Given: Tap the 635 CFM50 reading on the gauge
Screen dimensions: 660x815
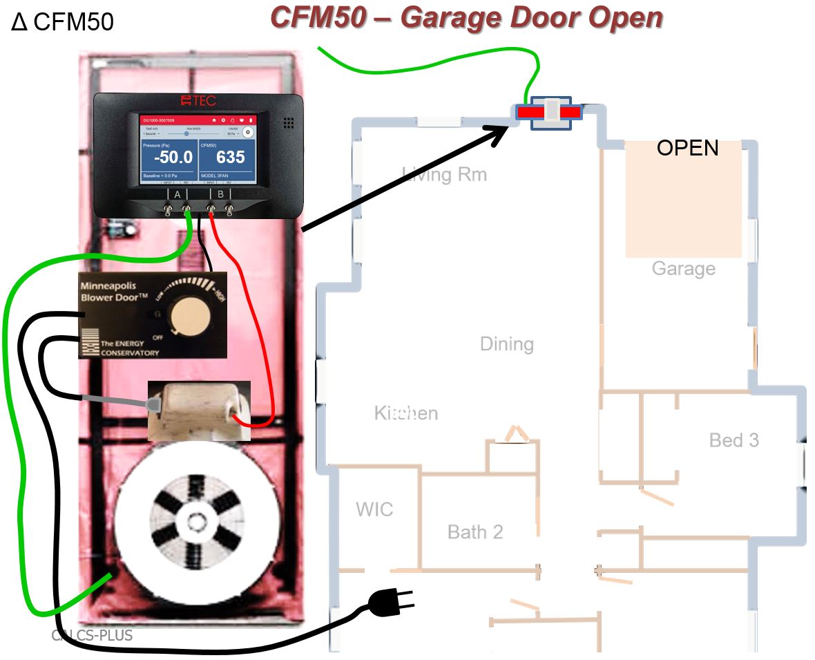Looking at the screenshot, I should point(230,158).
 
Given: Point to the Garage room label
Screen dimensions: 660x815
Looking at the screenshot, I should point(683,268).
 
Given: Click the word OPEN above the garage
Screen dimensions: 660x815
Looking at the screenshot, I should point(687,148).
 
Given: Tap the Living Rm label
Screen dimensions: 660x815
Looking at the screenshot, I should point(444,174).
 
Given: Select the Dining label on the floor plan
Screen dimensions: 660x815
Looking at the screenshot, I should point(506,344).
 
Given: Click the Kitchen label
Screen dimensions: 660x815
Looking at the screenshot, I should point(406,413).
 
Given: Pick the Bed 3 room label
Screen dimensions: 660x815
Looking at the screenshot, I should point(733,440).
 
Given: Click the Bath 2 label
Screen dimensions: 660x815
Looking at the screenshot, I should point(475,532).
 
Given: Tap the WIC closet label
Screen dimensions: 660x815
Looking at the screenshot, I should point(374,510).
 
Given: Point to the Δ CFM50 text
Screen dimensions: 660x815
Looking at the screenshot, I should point(62,22).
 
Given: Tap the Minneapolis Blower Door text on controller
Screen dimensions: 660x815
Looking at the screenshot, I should point(115,291).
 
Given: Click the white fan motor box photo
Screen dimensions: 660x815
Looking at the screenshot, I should point(199,410).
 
